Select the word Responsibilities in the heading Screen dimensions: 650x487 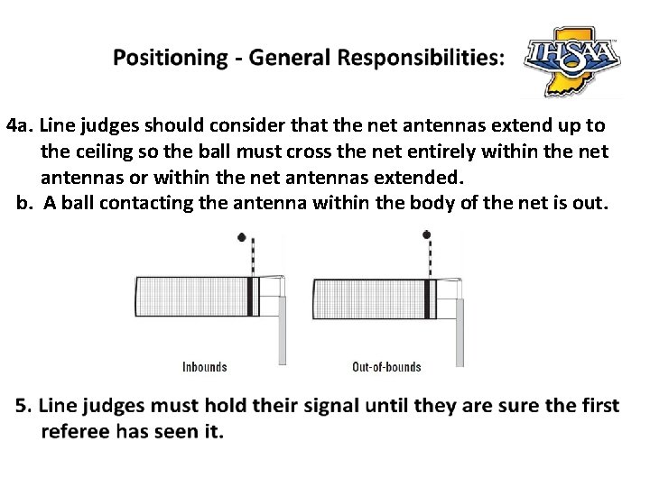pyautogui.click(x=418, y=58)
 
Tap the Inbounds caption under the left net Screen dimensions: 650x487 pyautogui.click(x=205, y=367)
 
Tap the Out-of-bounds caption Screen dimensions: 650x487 pyautogui.click(x=386, y=367)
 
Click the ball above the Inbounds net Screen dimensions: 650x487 pyautogui.click(x=241, y=237)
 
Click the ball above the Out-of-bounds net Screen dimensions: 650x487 pyautogui.click(x=427, y=235)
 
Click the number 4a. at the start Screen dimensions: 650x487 pyautogui.click(x=20, y=124)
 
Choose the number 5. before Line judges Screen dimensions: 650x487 pyautogui.click(x=23, y=407)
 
